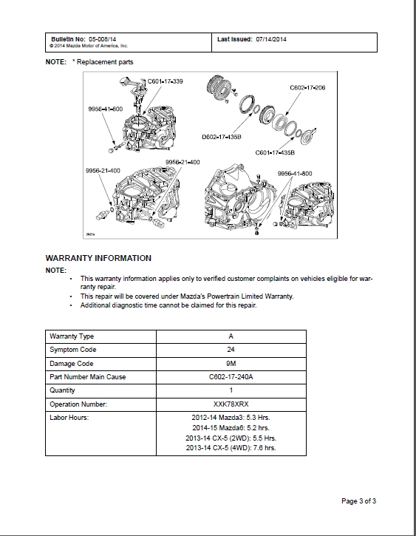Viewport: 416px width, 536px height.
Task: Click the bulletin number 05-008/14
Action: pyautogui.click(x=103, y=39)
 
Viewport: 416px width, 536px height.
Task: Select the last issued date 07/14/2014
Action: pyautogui.click(x=271, y=39)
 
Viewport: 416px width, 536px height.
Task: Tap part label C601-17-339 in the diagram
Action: pyautogui.click(x=166, y=81)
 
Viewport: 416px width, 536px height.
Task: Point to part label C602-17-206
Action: pyautogui.click(x=307, y=87)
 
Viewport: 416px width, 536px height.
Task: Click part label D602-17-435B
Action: pyautogui.click(x=222, y=137)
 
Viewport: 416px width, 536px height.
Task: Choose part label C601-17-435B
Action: pyautogui.click(x=275, y=152)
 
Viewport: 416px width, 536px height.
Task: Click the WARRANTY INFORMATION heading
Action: pyautogui.click(x=98, y=258)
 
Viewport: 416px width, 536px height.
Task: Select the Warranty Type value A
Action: pyautogui.click(x=231, y=336)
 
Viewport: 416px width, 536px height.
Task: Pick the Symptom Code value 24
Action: pyautogui.click(x=231, y=350)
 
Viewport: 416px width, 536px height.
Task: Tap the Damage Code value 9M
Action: pyautogui.click(x=231, y=364)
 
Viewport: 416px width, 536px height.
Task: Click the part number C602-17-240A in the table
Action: pyautogui.click(x=231, y=377)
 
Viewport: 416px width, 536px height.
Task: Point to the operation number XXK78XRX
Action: pyautogui.click(x=231, y=404)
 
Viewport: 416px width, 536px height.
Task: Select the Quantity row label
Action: pyautogui.click(x=62, y=390)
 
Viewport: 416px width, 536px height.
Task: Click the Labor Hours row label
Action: pyautogui.click(x=69, y=418)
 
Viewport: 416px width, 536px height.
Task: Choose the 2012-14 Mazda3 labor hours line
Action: pyautogui.click(x=231, y=418)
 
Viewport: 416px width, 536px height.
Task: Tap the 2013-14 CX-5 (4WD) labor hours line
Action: pyautogui.click(x=231, y=448)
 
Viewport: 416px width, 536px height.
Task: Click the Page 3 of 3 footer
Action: pyautogui.click(x=358, y=501)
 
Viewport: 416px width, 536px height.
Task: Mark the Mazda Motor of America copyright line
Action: pyautogui.click(x=89, y=46)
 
